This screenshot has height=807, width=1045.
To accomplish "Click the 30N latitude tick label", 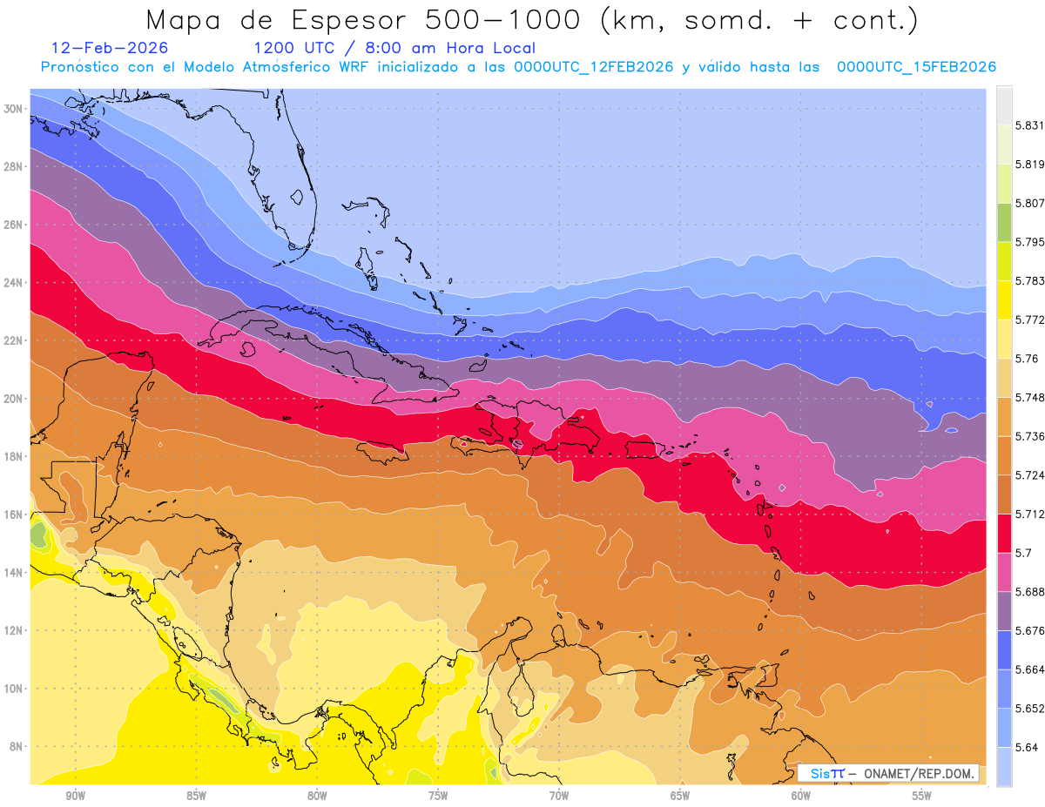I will pos(13,109).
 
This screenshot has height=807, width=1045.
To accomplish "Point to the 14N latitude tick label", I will pos(13,572).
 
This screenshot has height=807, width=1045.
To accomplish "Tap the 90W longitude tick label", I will pos(75,797).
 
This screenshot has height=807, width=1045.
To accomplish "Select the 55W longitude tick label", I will pos(922,797).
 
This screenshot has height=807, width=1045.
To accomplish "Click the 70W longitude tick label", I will pos(559,797).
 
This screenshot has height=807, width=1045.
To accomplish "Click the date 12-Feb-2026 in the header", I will pos(110,49).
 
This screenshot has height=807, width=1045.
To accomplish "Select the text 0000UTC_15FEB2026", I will pos(916,67).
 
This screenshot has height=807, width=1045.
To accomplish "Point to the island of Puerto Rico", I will pos(646,449).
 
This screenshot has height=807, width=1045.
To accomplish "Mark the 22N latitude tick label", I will pos(13,340).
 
